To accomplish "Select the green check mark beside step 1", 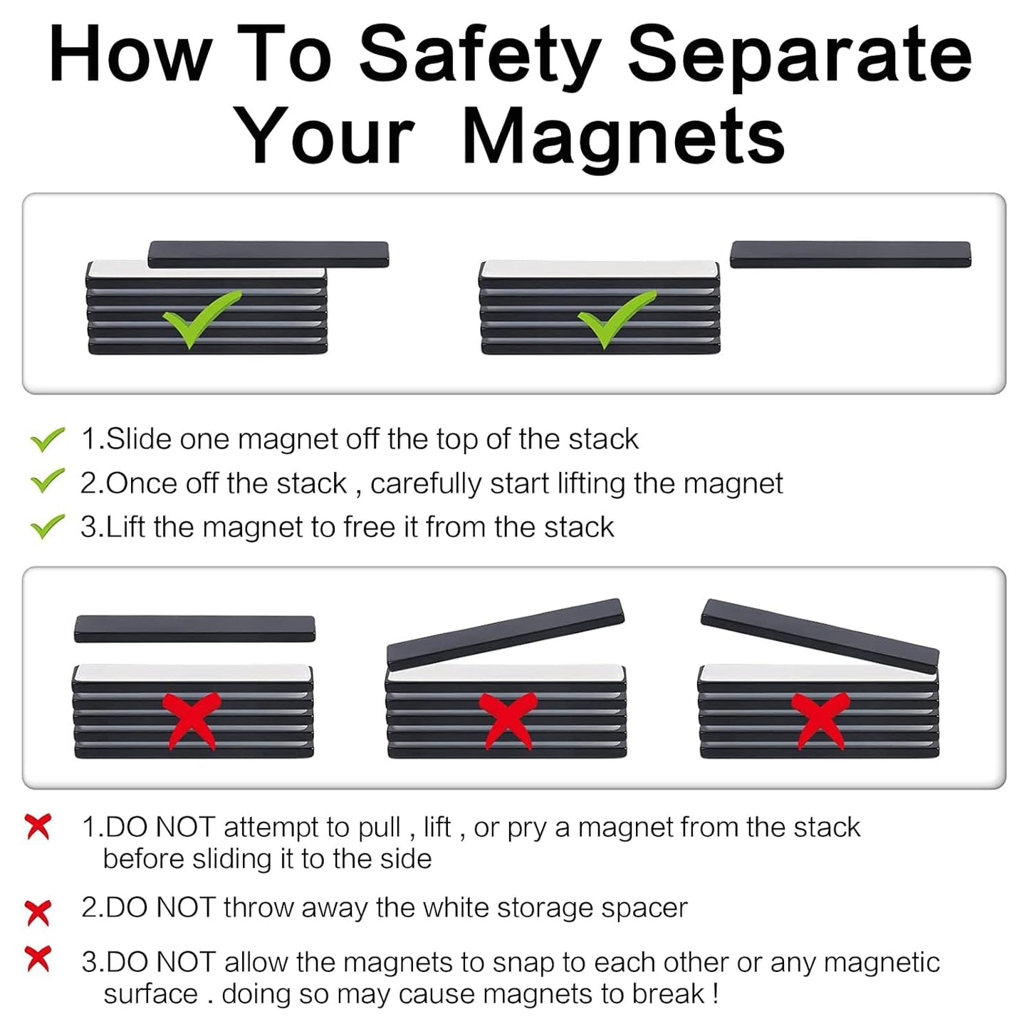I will click(48, 439).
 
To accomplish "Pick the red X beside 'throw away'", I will click(38, 912).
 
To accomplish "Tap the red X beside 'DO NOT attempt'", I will click(38, 827).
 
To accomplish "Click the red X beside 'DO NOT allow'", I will click(38, 959).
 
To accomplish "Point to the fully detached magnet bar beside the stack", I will click(850, 254).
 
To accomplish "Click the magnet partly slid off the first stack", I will click(268, 254).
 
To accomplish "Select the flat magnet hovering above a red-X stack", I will click(194, 628).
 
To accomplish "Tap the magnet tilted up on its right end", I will click(505, 633).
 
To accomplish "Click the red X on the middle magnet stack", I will click(506, 719).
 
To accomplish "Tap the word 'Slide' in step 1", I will click(139, 439).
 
